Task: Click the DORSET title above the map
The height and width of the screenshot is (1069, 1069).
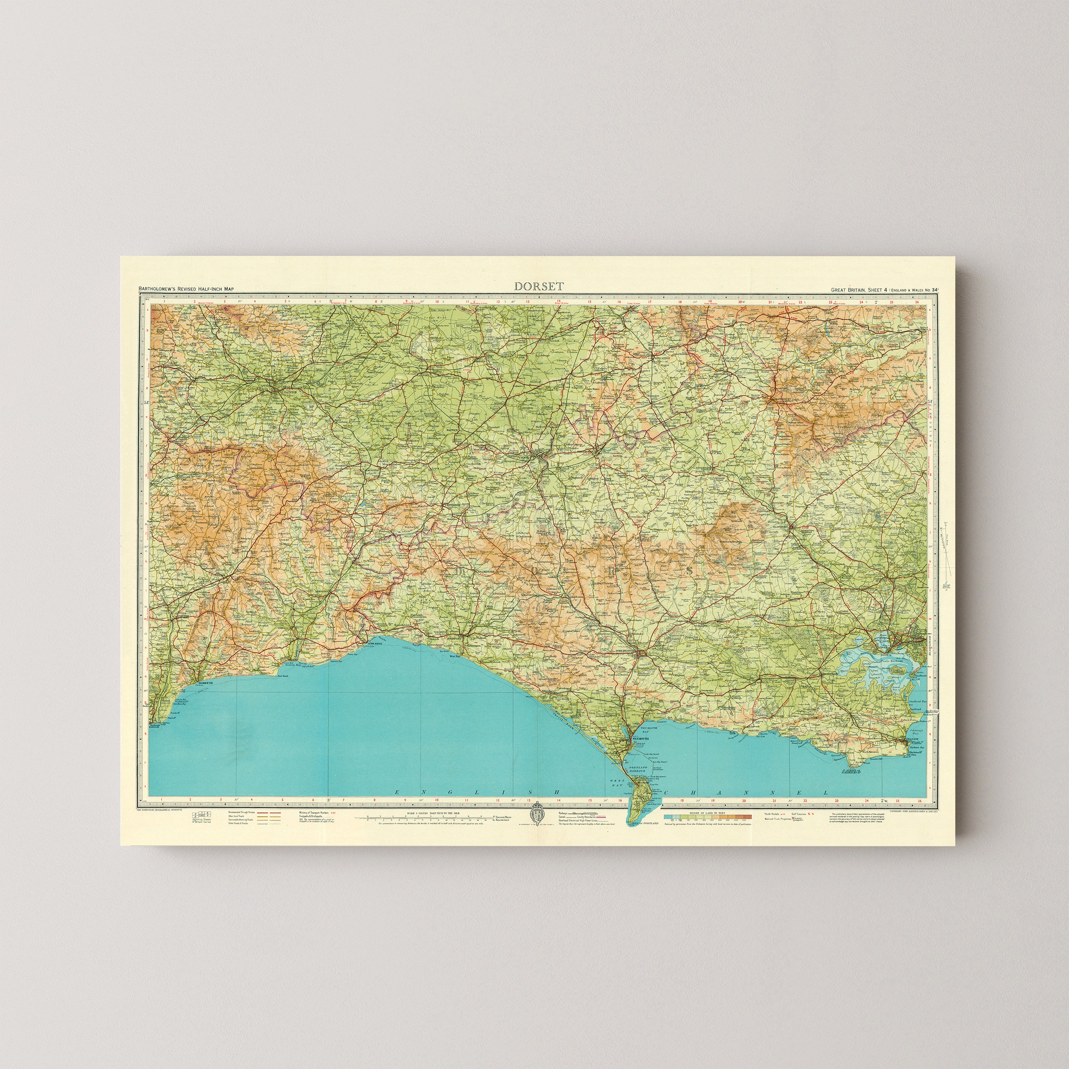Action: [539, 286]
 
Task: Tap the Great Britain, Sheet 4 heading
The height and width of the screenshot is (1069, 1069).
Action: [884, 289]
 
